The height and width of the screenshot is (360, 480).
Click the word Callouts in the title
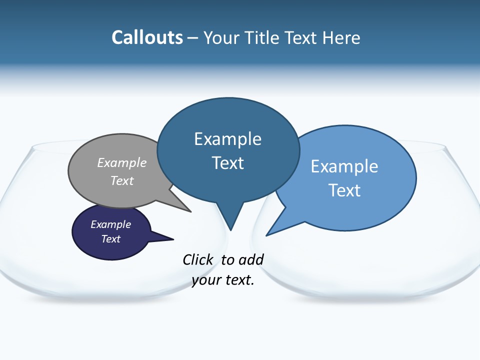coord(147,37)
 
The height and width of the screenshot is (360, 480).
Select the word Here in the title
coord(341,37)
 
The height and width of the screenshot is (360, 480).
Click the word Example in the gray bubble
coord(122,162)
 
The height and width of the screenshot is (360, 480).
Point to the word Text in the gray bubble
coord(122,180)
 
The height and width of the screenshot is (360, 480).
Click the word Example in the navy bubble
coord(110,224)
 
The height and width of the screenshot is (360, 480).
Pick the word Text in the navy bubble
coord(111,239)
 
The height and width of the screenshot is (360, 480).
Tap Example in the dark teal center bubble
coord(227,139)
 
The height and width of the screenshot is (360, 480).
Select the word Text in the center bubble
coord(228,163)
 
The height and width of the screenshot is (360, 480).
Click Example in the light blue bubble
coord(344,166)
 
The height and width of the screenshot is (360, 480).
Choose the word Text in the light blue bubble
coord(344,190)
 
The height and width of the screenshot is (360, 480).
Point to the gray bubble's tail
coord(187,209)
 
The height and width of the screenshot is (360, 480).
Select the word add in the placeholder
coord(251,259)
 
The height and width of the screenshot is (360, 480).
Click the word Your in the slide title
coord(221,37)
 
